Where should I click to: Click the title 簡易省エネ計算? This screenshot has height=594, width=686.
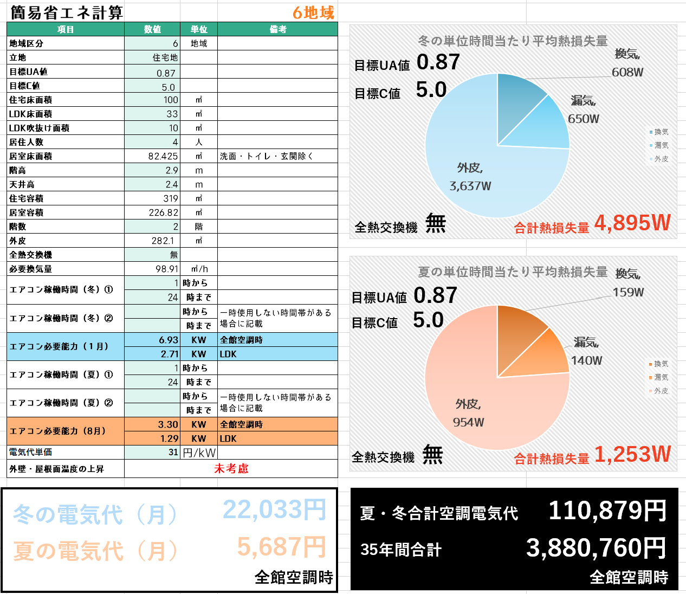[x=67, y=12]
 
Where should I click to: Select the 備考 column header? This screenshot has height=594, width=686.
[x=277, y=29]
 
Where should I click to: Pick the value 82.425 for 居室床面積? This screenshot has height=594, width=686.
[x=163, y=156]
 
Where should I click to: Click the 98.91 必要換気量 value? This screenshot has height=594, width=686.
[x=166, y=269]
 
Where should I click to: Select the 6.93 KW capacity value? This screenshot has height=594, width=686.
[x=169, y=340]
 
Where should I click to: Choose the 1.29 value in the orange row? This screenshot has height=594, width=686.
[x=169, y=438]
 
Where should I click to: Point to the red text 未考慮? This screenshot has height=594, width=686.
[x=231, y=469]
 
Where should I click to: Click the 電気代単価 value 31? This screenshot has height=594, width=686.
[x=173, y=452]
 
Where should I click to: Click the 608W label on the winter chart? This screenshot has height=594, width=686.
[x=627, y=72]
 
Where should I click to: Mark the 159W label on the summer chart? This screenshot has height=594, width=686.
[x=628, y=293]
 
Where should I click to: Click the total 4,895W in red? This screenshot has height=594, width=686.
[x=632, y=223]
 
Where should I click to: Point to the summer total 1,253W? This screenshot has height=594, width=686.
[x=632, y=454]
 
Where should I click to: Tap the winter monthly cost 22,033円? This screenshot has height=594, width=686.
[x=274, y=510]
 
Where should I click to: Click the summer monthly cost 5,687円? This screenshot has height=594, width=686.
[x=281, y=547]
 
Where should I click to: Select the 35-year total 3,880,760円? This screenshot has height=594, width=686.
[x=596, y=548]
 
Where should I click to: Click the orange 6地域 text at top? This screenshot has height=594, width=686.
[x=313, y=12]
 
